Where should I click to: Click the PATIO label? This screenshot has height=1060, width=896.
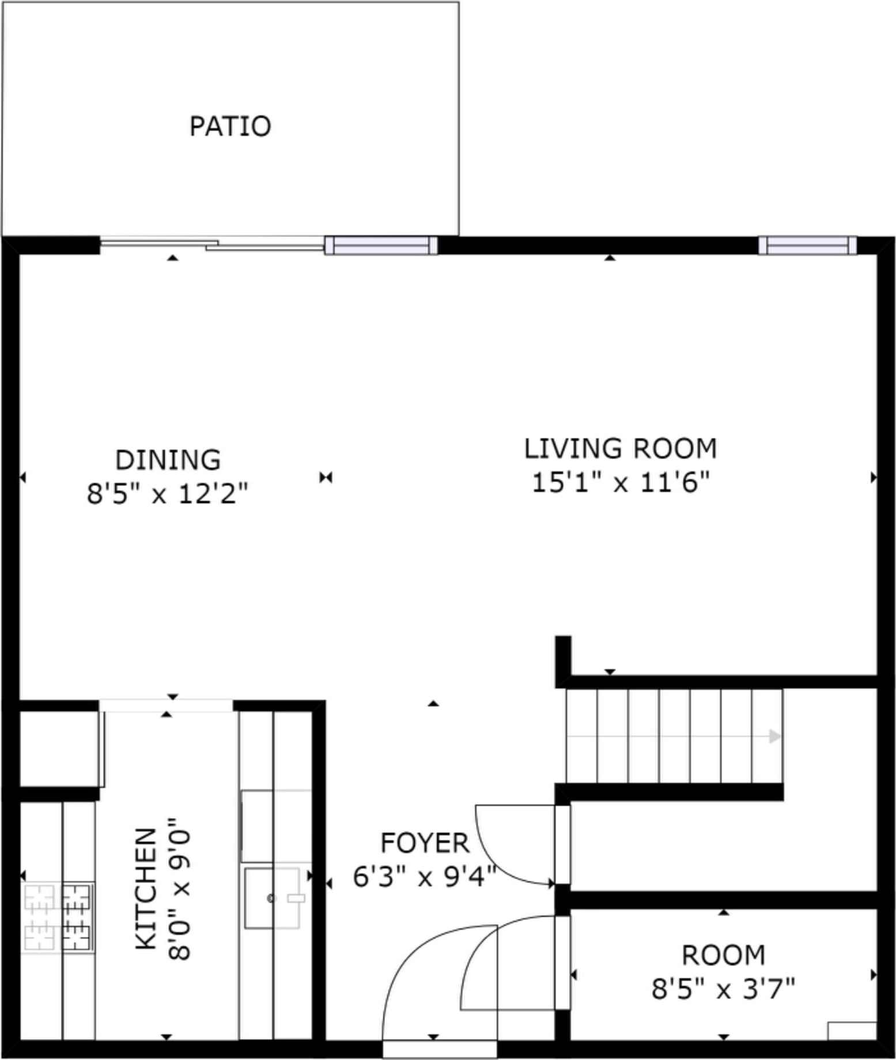point(230,126)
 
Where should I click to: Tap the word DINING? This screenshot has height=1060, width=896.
point(168,460)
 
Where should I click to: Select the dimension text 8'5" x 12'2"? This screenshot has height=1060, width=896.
point(167,494)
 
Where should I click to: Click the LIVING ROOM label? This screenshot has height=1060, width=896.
point(621,449)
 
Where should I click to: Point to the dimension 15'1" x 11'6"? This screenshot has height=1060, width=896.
point(621,482)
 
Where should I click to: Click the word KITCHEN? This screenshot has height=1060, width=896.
point(146,889)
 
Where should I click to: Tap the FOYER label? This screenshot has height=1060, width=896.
point(425,843)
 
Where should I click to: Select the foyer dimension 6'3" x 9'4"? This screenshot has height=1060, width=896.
point(425,877)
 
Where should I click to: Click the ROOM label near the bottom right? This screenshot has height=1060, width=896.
point(724,956)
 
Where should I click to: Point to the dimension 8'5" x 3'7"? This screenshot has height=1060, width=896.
point(723,990)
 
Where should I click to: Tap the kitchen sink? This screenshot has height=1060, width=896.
point(272,898)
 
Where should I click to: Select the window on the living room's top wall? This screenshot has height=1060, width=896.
point(807,245)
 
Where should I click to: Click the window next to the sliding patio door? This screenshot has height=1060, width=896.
point(381,245)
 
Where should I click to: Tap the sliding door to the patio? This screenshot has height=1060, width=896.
point(212,244)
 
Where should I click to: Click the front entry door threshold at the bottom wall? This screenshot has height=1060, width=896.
point(440,1049)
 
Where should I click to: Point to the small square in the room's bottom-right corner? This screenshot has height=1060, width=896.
point(852,1031)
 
